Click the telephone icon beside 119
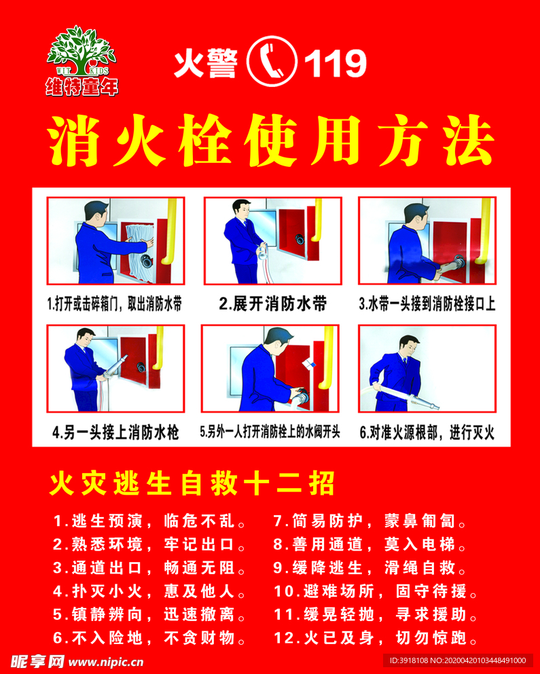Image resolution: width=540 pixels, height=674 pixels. (272, 62)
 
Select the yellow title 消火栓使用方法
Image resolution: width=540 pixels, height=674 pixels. (270, 142)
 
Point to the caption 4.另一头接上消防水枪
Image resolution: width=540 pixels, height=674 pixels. (115, 432)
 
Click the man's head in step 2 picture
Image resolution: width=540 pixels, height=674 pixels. (240, 208)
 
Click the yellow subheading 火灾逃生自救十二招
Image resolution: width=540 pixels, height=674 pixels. (192, 485)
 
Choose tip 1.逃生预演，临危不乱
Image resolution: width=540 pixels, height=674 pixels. (153, 522)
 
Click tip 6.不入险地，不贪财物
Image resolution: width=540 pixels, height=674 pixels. (153, 638)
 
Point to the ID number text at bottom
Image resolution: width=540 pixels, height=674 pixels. (457, 660)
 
